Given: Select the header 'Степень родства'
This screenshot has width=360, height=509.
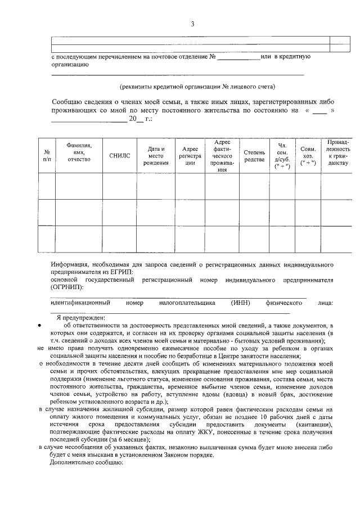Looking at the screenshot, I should point(254,156).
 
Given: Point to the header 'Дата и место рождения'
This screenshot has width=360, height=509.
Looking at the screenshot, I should point(156,156).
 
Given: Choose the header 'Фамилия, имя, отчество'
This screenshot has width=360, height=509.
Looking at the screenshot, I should point(79,152).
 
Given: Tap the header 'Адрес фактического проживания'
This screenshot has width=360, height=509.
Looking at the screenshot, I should point(222,156).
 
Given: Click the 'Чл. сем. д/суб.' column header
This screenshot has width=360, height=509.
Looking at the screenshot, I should point(282,156).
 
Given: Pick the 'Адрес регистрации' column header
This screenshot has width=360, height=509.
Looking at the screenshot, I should point(190,156).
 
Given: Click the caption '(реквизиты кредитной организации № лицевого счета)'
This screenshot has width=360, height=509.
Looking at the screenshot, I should point(197,87).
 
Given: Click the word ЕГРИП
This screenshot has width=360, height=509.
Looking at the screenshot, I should point(122,272).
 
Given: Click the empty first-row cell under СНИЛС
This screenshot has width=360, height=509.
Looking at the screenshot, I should point(120,186).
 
